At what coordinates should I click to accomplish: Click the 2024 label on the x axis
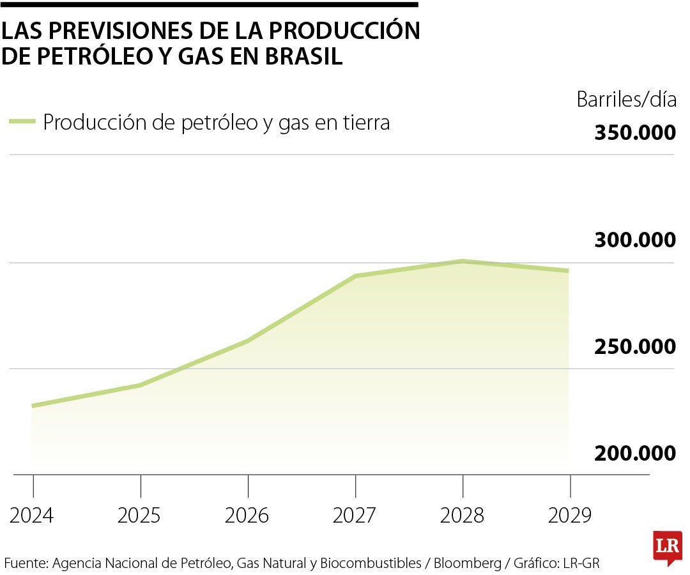click(32, 515)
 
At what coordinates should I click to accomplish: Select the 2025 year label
click(139, 515)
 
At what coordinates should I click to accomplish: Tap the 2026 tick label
click(247, 515)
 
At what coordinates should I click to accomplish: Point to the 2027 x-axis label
click(355, 515)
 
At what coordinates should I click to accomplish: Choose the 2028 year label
click(462, 515)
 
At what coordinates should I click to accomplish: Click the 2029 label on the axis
click(569, 515)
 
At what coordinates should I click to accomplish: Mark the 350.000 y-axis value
click(634, 133)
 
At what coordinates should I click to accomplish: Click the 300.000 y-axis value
click(634, 240)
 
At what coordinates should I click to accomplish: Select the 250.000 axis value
click(634, 346)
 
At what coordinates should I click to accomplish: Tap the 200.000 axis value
click(634, 453)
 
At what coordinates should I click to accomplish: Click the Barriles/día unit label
click(625, 100)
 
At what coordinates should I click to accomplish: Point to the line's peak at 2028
click(462, 261)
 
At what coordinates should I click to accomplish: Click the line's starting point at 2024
click(32, 406)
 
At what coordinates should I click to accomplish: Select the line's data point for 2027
click(355, 276)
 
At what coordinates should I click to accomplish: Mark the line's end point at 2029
click(569, 271)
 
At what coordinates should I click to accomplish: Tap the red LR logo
click(667, 547)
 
